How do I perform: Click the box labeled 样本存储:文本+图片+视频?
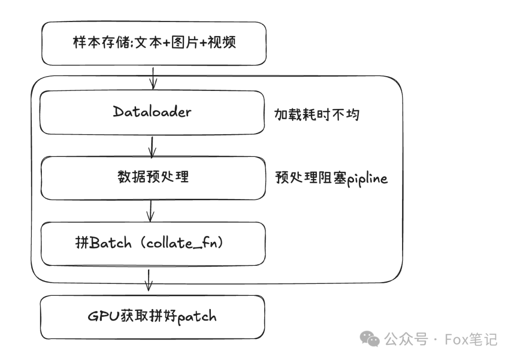coord(154,43)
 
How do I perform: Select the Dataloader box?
coord(152,112)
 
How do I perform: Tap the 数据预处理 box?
coord(153,178)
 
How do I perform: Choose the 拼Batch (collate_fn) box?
coord(153,243)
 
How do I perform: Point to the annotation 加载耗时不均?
coord(316,115)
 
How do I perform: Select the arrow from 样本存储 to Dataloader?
coord(153,78)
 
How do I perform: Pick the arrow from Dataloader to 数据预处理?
coord(152,146)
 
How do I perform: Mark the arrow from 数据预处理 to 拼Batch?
coord(151,211)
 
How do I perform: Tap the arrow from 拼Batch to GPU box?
coord(148,281)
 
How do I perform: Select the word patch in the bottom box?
coord(197,317)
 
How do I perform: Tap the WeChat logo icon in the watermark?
coord(370,339)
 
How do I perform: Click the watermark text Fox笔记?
coord(471,339)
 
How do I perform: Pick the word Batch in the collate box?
coord(110,243)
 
